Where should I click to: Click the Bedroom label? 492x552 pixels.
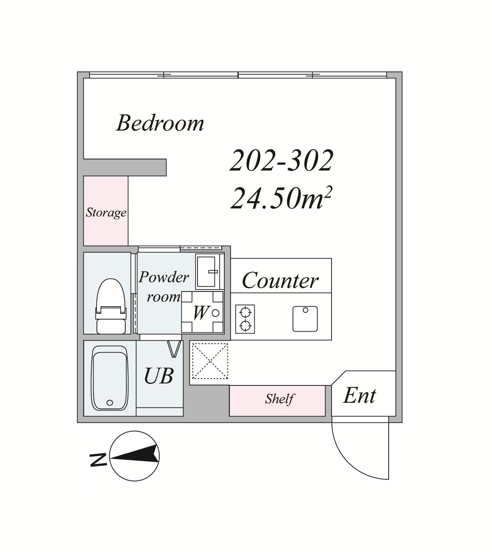pos(160,123)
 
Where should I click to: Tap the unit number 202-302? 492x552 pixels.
pos(282,161)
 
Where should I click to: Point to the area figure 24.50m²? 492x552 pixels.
pos(282,198)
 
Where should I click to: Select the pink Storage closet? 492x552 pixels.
pos(106,211)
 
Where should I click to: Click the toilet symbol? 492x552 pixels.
pos(111,306)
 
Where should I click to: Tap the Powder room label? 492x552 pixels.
pos(163,287)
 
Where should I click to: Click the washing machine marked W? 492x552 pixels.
pos(202,312)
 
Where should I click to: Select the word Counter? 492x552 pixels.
pos(280,280)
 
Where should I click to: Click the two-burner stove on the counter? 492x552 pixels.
pos(245,319)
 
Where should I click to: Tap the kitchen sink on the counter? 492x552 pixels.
pos(305,319)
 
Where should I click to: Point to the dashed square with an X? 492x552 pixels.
pos(210,361)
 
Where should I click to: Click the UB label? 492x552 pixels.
pos(159,376)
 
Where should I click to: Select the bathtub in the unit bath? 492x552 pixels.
pos(109,378)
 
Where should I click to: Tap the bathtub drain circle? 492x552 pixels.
pos(110,403)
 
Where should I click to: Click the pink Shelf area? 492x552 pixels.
pos(277,401)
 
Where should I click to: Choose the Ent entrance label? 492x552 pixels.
pos(360,396)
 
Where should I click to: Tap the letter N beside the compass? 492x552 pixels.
pos(98,460)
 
